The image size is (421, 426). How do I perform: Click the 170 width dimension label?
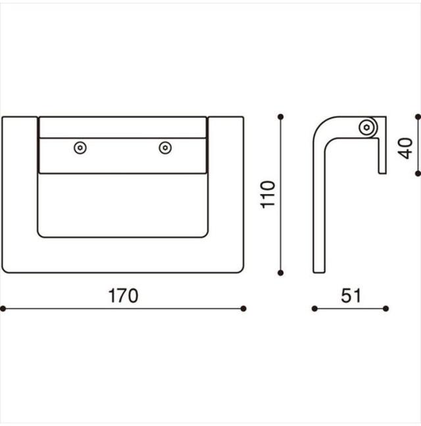pos(123,296)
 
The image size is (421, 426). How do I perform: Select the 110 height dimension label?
pos(268,195)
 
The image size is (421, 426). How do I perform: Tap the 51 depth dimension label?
pos(351,296)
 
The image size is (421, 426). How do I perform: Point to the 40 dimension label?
pos(405,149)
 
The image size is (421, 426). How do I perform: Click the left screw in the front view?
pos(80,148)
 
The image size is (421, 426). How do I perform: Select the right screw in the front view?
pos(165,148)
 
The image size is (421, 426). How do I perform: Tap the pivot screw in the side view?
pos(367,127)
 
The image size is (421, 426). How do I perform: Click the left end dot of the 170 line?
pos(3,308)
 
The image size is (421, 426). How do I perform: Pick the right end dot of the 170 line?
pos(243,308)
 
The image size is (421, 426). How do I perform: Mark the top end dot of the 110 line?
pos(281,117)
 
